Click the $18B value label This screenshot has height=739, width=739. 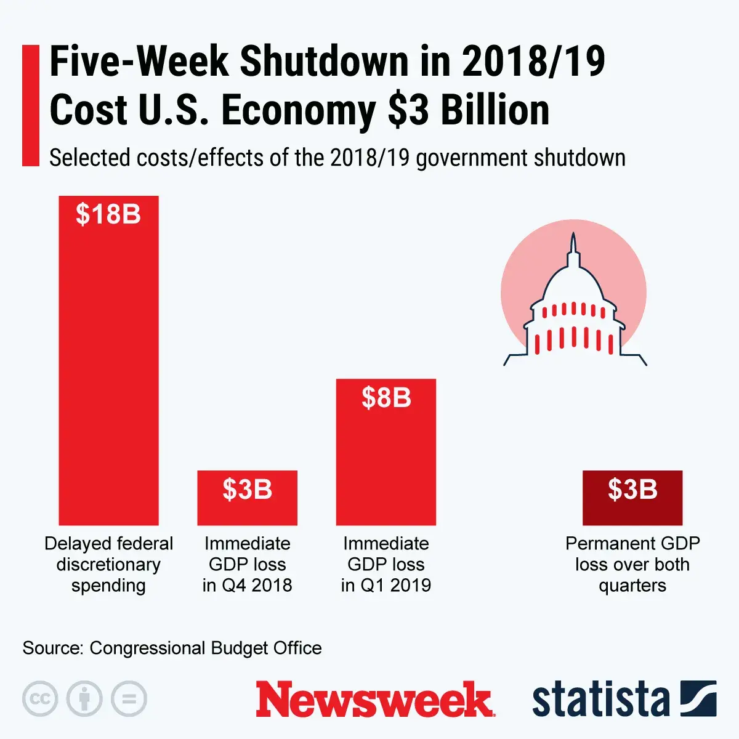coord(108,214)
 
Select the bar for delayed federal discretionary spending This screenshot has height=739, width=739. coord(108,369)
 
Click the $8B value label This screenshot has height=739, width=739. coord(386,398)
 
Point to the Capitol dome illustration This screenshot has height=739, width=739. coord(574,308)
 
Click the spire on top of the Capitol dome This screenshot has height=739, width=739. coord(574,243)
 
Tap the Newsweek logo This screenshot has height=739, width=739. coord(374,699)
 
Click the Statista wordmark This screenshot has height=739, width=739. coord(600,699)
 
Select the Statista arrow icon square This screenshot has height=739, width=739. coord(698,698)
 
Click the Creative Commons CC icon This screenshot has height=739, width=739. coord(40,699)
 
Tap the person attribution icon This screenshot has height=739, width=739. coord(84,699)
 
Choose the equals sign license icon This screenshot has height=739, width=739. coord(129,699)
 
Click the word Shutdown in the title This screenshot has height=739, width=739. coord(324,62)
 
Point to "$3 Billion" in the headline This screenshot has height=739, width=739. coord(468,111)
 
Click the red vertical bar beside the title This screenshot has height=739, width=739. coord(30,105)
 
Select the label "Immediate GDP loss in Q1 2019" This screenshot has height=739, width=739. coord(386,564)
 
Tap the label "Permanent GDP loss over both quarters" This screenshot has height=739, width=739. coord(632,564)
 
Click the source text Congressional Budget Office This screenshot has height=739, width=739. coord(205,648)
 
